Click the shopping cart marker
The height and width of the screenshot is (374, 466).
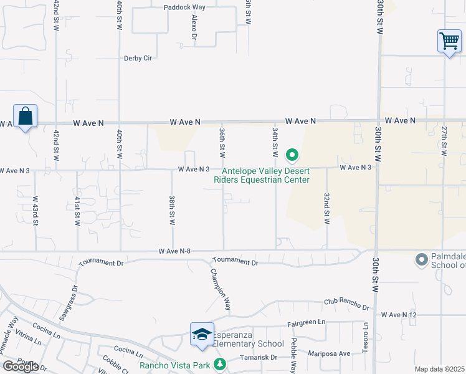point(449,42)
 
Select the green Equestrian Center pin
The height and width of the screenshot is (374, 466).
point(291,155)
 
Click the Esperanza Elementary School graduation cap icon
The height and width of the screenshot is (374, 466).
point(202,335)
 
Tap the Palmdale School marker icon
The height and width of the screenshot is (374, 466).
point(422,259)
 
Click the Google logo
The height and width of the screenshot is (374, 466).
point(20,367)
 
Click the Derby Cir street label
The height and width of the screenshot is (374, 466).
point(138,58)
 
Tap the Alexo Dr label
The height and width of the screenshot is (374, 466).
point(194,29)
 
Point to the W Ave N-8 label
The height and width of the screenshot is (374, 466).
point(174,251)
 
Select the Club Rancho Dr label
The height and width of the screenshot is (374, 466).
point(346,304)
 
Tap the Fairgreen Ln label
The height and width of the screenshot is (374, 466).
point(307,324)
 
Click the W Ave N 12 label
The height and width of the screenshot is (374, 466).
point(399,315)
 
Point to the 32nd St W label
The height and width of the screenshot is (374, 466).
point(326,208)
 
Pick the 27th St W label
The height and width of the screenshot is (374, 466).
point(444,141)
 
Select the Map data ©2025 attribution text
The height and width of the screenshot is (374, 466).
point(440,369)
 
